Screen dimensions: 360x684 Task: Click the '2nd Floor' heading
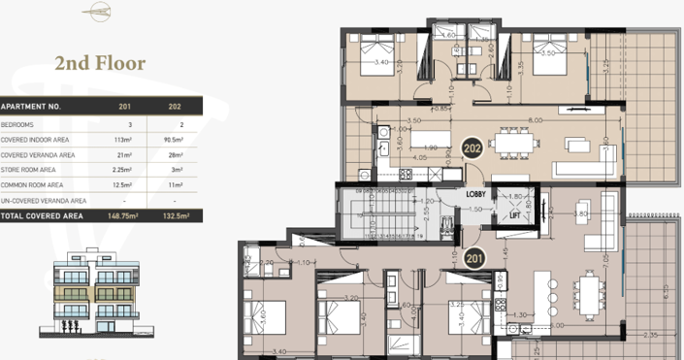pyautogui.click(x=100, y=63)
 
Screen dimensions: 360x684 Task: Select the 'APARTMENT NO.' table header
pyautogui.click(x=31, y=106)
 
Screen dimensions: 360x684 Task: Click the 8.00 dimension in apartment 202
pyautogui.click(x=535, y=119)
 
